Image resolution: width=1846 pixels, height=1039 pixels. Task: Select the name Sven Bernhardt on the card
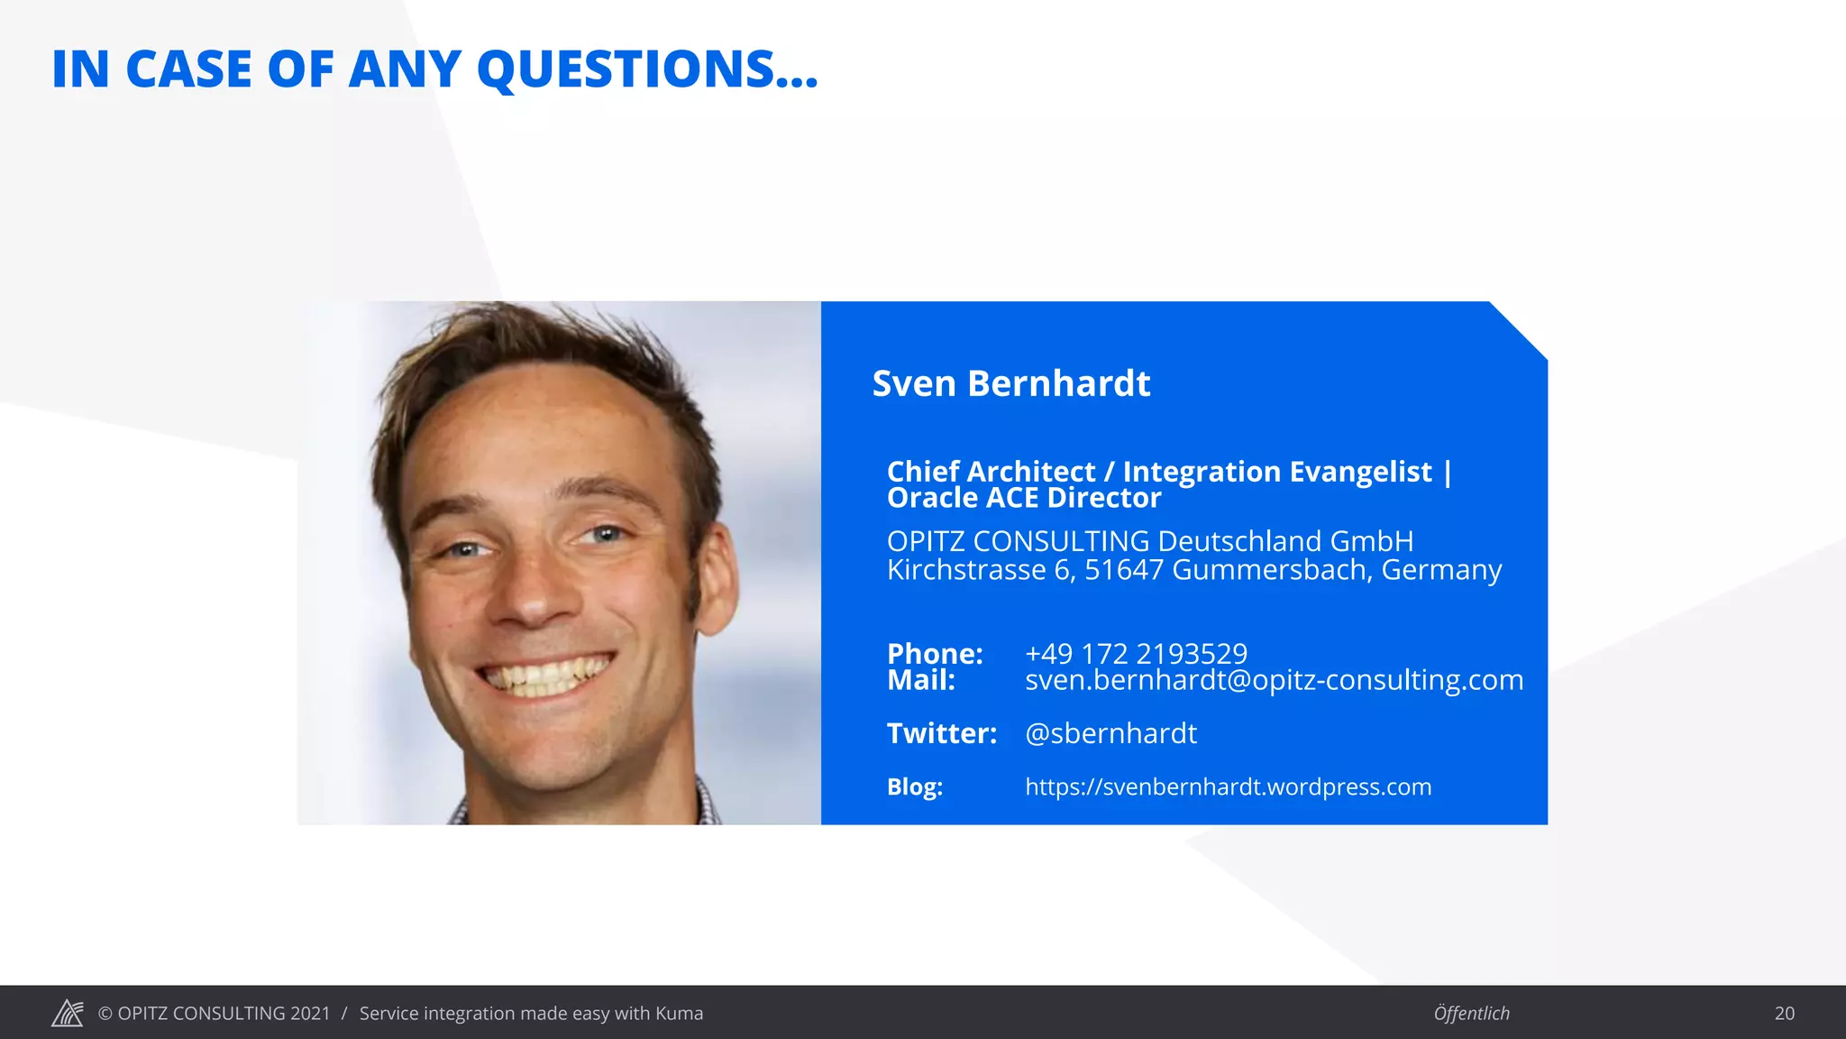point(1010,383)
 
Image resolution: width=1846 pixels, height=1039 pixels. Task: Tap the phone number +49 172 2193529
point(1136,653)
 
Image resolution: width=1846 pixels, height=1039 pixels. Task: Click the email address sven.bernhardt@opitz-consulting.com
point(1274,680)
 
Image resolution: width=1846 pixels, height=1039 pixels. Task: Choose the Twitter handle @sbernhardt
point(1110,733)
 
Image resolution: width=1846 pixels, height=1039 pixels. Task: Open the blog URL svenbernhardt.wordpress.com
point(1228,786)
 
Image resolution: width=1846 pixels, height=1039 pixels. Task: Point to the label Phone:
point(935,653)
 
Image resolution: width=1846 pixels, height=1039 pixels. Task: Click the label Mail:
point(920,680)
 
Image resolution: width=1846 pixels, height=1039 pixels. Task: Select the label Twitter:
point(942,733)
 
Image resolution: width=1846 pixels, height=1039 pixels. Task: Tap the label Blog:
point(914,786)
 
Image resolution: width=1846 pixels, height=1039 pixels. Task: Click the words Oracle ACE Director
point(1024,498)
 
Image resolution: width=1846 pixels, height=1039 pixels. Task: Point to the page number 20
point(1784,1013)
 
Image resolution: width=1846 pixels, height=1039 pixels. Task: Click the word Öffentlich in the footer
point(1471,1013)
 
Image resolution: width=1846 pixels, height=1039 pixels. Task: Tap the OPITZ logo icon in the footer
point(68,1013)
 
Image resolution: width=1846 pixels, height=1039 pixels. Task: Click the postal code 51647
point(1123,570)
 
